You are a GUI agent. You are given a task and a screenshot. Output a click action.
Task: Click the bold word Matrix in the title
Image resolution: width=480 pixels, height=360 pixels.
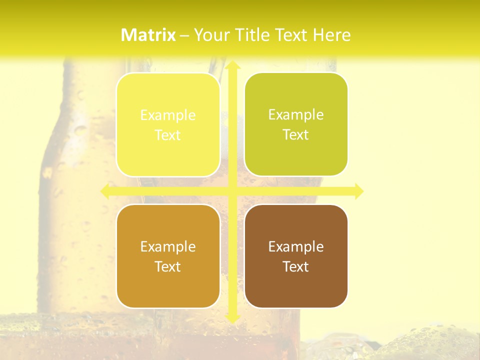coord(148,35)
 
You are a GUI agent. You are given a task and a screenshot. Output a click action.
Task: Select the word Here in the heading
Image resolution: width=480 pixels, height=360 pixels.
coord(331,35)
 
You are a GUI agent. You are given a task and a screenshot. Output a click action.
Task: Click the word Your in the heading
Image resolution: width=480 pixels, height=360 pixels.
coord(211,35)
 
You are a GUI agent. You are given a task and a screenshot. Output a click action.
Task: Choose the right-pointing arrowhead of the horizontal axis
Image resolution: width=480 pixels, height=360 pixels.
coord(358,191)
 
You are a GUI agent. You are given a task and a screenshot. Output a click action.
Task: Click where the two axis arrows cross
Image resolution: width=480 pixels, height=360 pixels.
coord(232,191)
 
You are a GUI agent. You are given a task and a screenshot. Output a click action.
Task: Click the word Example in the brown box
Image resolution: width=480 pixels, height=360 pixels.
coord(296,246)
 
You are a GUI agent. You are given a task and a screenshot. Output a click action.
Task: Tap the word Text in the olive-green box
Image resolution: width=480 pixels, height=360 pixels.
coord(296,135)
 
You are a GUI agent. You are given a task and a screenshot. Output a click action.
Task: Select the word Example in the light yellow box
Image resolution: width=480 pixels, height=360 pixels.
coord(168,115)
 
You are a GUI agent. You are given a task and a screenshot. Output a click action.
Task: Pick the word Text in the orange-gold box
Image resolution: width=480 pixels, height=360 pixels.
coord(168,266)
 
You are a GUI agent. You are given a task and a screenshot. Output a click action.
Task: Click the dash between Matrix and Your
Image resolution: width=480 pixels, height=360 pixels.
coord(184,35)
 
